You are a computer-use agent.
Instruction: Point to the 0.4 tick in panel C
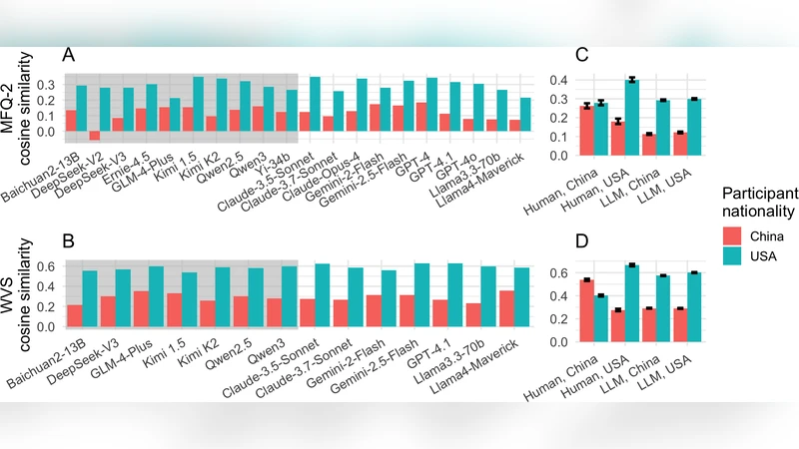[537, 80]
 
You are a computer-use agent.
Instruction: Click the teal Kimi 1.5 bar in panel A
[198, 104]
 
